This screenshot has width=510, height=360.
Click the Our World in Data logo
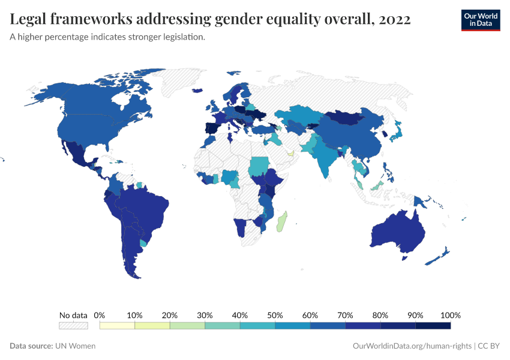[480, 20]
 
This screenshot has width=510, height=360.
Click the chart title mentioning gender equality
[211, 19]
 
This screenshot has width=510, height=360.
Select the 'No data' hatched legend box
[73, 325]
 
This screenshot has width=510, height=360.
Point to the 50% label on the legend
[275, 315]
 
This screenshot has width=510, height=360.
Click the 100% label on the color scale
[450, 315]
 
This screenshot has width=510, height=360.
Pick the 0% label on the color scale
[100, 315]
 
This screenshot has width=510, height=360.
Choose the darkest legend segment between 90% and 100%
[433, 325]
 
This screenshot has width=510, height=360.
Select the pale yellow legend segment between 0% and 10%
[118, 325]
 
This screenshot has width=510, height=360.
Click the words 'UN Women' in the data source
[75, 346]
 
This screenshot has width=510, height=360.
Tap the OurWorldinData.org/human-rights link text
[410, 346]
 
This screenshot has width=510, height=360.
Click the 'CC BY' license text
[489, 346]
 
